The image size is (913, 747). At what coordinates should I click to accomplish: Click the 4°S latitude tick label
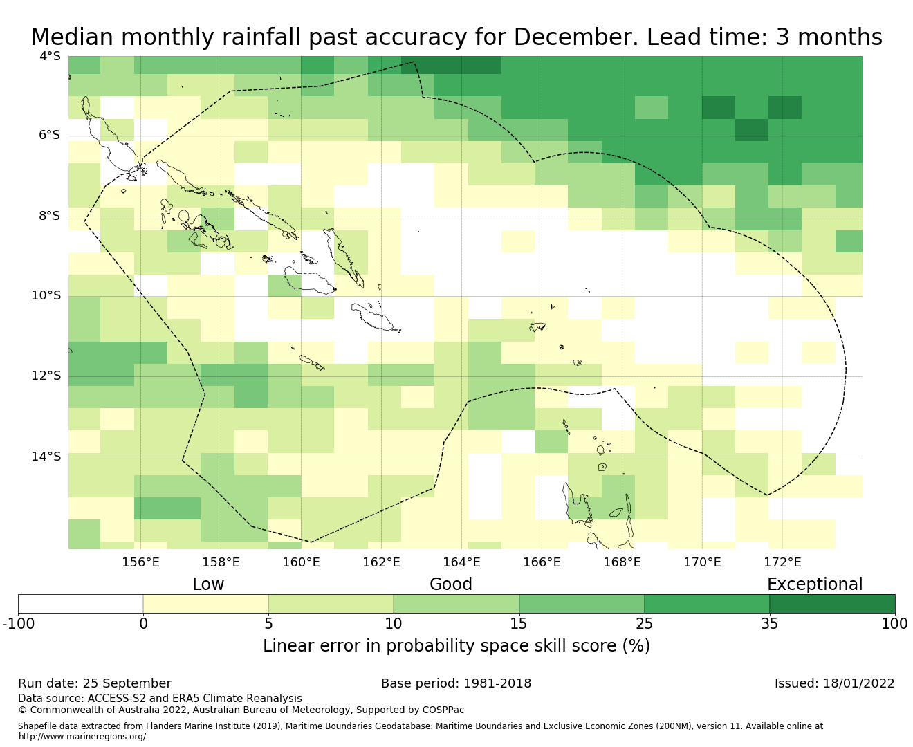pyautogui.click(x=50, y=56)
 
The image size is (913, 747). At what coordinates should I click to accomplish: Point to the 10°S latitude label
pyautogui.click(x=46, y=296)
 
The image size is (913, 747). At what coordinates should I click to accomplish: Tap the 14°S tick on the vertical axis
pyautogui.click(x=46, y=456)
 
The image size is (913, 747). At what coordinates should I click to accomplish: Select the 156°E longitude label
pyautogui.click(x=140, y=562)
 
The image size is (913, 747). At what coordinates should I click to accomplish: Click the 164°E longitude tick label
pyautogui.click(x=461, y=562)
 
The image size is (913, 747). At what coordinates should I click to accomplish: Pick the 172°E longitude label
pyautogui.click(x=782, y=562)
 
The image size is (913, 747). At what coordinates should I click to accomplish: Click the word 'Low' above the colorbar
pyautogui.click(x=208, y=584)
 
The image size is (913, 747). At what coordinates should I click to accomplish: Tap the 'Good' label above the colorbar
pyautogui.click(x=451, y=584)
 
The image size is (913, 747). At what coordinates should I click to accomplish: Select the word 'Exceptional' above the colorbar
pyautogui.click(x=815, y=584)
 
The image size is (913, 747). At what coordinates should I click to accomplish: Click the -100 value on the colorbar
pyautogui.click(x=18, y=624)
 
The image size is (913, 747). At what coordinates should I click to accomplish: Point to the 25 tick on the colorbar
pyautogui.click(x=644, y=624)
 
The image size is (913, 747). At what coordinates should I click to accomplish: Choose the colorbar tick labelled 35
pyautogui.click(x=769, y=624)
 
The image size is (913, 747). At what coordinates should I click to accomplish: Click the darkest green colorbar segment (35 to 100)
pyautogui.click(x=832, y=604)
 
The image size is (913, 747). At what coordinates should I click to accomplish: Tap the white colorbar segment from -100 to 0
pyautogui.click(x=80, y=604)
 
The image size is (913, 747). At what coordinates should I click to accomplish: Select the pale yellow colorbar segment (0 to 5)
pyautogui.click(x=205, y=604)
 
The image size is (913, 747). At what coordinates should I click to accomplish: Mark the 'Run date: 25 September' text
pyautogui.click(x=95, y=683)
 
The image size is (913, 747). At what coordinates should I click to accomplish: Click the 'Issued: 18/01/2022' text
pyautogui.click(x=834, y=683)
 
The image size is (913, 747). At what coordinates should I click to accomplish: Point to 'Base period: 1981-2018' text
pyautogui.click(x=456, y=683)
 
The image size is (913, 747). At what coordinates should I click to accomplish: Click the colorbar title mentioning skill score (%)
pyautogui.click(x=456, y=646)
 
